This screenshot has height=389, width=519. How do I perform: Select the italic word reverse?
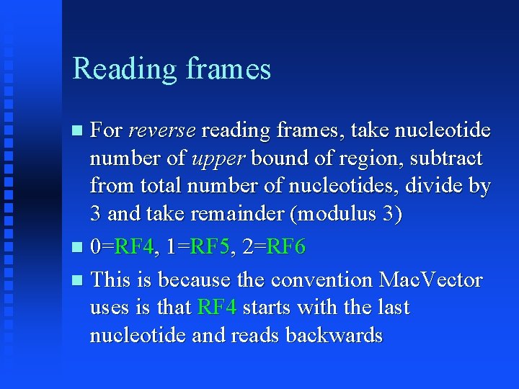pyautogui.click(x=161, y=131)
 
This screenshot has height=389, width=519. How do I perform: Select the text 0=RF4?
pyautogui.click(x=123, y=248)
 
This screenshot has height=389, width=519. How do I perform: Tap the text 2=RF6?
pyautogui.click(x=274, y=248)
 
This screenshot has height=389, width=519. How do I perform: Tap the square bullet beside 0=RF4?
pyautogui.click(x=78, y=249)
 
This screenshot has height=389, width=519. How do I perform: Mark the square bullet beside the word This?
pyautogui.click(x=78, y=280)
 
